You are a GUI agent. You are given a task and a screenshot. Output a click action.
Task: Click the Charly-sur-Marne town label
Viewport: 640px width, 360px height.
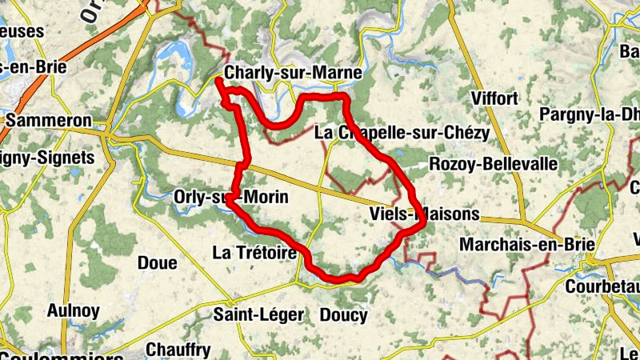[x=294, y=73]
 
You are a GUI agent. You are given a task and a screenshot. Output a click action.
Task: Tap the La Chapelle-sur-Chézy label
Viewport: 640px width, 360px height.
[x=401, y=131]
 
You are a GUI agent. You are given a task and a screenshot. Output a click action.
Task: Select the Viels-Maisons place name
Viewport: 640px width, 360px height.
[x=425, y=214]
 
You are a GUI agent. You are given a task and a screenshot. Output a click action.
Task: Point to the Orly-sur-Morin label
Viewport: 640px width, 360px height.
[x=230, y=197]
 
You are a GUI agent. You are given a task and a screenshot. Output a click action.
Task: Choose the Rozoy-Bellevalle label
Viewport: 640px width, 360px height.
[x=493, y=164]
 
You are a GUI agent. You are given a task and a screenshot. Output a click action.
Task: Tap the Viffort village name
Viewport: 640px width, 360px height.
[x=495, y=99]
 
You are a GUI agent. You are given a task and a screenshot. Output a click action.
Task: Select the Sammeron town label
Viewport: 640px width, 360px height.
[x=48, y=122]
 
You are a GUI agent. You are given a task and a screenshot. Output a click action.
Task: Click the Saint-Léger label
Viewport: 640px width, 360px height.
[x=258, y=315]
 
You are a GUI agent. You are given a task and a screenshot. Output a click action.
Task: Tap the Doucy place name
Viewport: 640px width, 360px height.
[x=343, y=315]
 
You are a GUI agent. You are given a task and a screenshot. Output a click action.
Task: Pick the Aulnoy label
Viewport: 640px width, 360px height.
[x=74, y=310]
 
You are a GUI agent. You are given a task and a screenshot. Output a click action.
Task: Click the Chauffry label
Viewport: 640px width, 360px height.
[x=178, y=350]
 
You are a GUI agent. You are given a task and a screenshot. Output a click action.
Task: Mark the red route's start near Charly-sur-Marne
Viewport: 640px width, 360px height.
[x=218, y=79]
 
